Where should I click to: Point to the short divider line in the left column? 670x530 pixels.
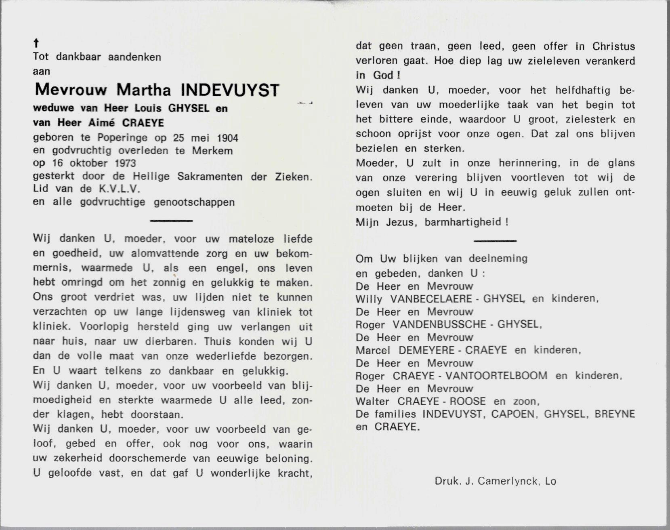pyautogui.click(x=171, y=221)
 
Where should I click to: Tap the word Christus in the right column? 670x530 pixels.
pyautogui.click(x=613, y=46)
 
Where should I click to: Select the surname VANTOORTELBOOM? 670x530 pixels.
pyautogui.click(x=496, y=376)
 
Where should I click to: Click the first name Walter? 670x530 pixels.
pyautogui.click(x=372, y=402)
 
